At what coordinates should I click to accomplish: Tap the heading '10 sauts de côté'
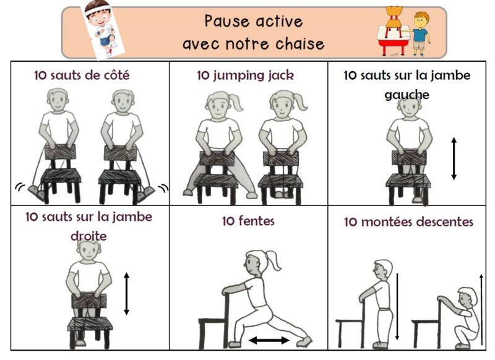point(82,75)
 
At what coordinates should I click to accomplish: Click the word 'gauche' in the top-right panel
point(407,95)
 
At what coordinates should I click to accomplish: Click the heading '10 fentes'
point(248,221)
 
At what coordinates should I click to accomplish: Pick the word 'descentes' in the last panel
point(443,221)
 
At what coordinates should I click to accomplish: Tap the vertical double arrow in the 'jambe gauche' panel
point(454,159)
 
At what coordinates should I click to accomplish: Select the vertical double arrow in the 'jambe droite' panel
point(126,294)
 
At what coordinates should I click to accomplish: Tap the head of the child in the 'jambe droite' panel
point(89,251)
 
